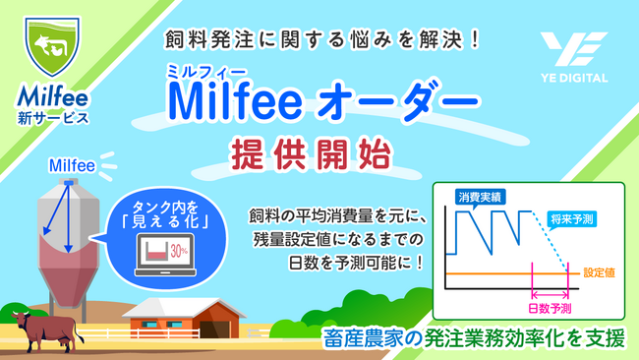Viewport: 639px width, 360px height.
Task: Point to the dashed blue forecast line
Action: point(561,246)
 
